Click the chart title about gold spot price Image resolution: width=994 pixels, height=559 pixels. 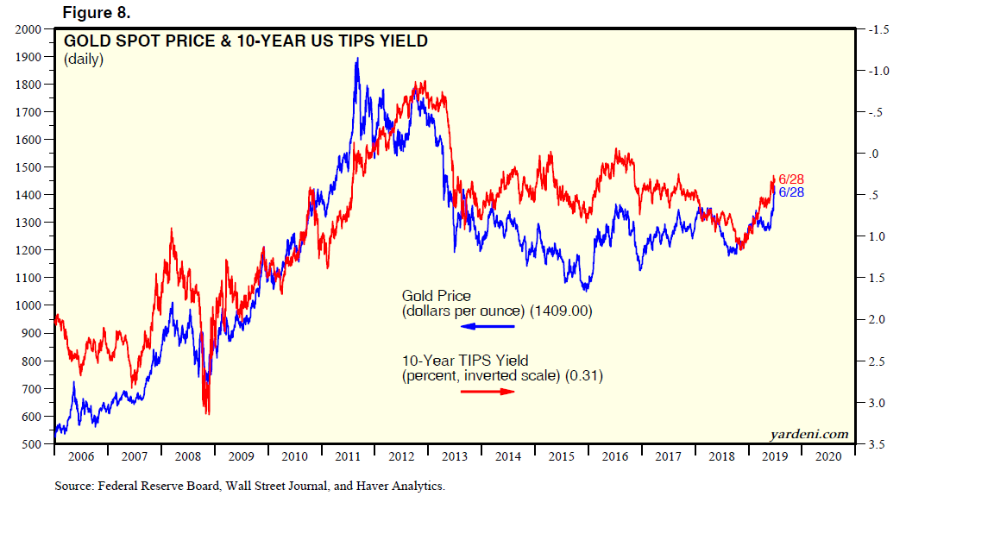[246, 41]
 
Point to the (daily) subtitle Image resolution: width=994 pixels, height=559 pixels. [84, 60]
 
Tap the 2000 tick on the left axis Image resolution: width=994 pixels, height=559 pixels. [29, 29]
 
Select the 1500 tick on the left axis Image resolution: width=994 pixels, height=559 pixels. [29, 167]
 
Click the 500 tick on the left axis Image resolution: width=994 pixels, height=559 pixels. [32, 444]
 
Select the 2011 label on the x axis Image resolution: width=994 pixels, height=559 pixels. [348, 456]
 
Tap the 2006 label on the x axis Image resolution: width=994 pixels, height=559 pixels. [80, 456]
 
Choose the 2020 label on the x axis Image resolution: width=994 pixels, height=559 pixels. [828, 456]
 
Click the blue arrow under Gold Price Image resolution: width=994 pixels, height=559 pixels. [488, 326]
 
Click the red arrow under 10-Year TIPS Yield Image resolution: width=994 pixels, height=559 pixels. [488, 392]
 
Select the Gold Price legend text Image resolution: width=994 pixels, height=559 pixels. [437, 297]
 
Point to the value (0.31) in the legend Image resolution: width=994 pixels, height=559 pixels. [584, 375]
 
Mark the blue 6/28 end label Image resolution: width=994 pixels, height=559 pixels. [791, 192]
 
